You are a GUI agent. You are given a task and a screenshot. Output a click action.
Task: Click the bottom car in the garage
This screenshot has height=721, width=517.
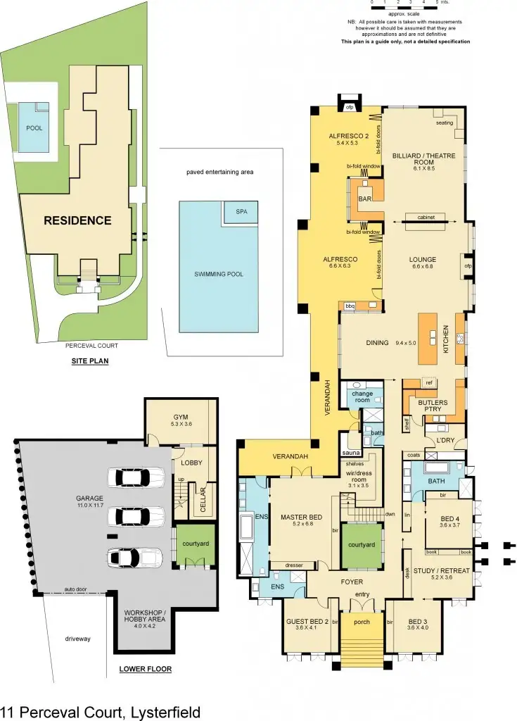pos(134,557)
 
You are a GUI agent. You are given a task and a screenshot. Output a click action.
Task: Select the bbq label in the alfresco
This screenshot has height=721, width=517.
pos(350,306)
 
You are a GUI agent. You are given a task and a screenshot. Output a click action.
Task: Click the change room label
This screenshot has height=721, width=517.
pos(362,396)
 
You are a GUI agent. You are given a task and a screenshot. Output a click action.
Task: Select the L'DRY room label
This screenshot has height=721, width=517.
pos(445,440)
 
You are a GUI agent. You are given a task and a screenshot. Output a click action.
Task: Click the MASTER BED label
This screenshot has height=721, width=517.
pos(297,519)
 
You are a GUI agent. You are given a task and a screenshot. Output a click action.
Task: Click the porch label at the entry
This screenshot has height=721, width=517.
pos(362,622)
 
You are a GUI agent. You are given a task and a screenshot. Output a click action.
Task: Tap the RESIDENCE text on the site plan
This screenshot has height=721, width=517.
pos(77,220)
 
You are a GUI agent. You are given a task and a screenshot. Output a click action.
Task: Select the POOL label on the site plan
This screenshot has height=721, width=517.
pos(34,129)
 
